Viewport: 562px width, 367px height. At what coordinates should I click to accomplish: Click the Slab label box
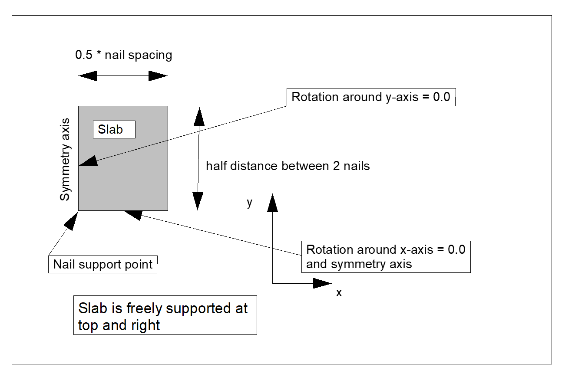pyautogui.click(x=114, y=129)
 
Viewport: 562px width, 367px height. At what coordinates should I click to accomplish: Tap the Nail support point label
pyautogui.click(x=102, y=264)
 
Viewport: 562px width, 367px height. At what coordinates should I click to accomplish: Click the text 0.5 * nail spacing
pyautogui.click(x=123, y=56)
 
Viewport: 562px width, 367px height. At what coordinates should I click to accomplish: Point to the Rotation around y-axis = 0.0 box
pyautogui.click(x=371, y=97)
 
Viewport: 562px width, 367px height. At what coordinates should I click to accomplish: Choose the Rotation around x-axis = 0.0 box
pyautogui.click(x=386, y=256)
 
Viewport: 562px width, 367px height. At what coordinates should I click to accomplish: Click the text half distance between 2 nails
pyautogui.click(x=288, y=166)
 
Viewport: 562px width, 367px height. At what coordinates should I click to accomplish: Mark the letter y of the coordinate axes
pyautogui.click(x=249, y=203)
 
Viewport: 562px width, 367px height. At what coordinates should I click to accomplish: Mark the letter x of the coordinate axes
pyautogui.click(x=339, y=293)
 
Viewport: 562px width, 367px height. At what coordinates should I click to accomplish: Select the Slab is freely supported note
pyautogui.click(x=165, y=315)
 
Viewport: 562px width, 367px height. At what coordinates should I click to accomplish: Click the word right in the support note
pyautogui.click(x=145, y=325)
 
